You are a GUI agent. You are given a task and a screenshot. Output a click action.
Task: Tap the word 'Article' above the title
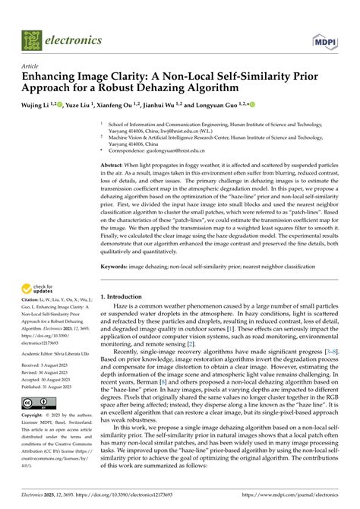[x=32, y=66]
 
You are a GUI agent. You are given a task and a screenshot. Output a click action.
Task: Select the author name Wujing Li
[x=36, y=104]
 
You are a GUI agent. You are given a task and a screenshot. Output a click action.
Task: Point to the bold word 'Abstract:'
[x=115, y=165]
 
